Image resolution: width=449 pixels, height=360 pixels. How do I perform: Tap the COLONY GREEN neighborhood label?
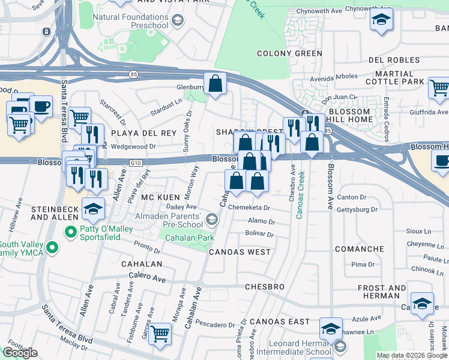tap(289, 53)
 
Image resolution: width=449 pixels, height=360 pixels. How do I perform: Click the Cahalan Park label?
tap(190, 238)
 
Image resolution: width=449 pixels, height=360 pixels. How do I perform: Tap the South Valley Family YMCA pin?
tap(52, 247)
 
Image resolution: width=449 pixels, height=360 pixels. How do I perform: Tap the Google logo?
tap(20, 352)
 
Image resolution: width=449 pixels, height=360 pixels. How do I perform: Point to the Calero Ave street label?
tap(147, 277)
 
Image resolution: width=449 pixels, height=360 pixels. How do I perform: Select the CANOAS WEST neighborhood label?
tap(240, 252)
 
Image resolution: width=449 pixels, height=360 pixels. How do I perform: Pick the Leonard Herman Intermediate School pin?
tap(340, 346)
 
